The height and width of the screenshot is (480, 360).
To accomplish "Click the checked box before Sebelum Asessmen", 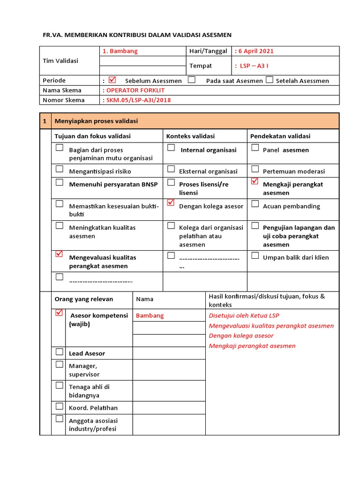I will pos(112,80).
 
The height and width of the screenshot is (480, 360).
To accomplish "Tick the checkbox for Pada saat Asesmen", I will pos(191,80).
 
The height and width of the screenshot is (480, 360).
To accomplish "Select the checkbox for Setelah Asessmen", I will pos(269,80).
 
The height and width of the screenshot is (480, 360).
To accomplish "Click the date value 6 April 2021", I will pos(255,51).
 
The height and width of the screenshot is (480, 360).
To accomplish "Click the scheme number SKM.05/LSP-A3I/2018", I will pos(138,100).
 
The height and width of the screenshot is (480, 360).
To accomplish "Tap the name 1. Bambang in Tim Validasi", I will pos(120,51).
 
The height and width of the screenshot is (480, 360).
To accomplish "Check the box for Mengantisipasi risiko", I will pos(60,169).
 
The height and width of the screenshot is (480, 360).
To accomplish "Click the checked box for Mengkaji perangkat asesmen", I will pos(255,181).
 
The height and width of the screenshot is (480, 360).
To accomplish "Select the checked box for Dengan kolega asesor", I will pos(171,203).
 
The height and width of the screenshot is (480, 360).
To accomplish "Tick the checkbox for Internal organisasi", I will pos(171,148).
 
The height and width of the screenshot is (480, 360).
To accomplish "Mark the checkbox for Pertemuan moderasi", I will pos(255,169).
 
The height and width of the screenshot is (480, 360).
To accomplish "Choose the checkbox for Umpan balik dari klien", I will pos(255,255).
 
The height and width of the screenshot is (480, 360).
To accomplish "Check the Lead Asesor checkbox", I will pos(60,351).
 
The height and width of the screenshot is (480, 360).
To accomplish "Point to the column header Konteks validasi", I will pos(190,136).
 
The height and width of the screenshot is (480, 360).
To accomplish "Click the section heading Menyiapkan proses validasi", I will pos(96,121).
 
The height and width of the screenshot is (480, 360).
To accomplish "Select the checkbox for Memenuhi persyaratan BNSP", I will pos(60,182).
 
